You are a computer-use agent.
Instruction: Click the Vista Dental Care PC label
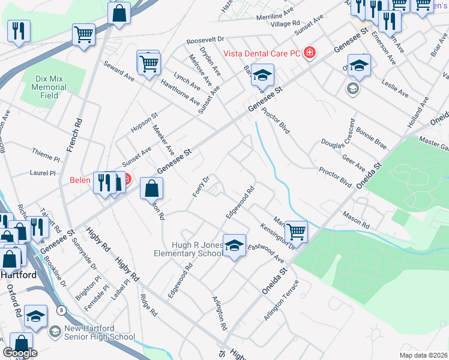click(262, 53)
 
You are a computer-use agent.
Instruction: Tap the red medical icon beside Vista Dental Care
click(309, 53)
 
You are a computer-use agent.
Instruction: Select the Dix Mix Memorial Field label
click(49, 87)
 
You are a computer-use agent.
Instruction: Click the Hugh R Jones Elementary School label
click(197, 249)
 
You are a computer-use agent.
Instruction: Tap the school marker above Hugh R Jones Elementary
click(234, 245)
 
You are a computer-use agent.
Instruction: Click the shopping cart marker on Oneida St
click(295, 230)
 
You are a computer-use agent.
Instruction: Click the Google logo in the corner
click(20, 353)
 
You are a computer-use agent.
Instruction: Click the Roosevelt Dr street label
click(205, 40)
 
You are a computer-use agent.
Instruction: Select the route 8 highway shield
click(61, 310)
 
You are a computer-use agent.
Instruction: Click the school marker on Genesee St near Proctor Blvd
click(262, 75)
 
